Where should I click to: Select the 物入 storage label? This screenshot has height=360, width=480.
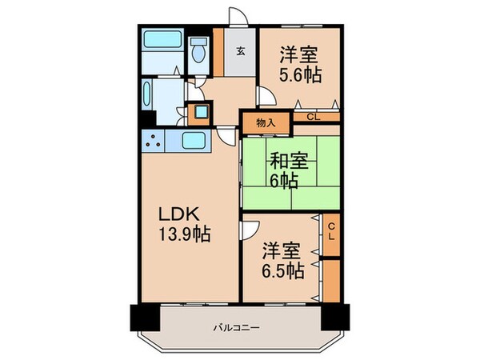pos(266,123)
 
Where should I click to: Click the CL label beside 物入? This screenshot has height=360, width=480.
pos(313,118)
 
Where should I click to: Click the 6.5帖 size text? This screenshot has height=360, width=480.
pos(282,270)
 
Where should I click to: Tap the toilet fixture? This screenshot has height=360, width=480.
pos(198,52)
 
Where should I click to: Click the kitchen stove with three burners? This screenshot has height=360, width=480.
pos(155,142)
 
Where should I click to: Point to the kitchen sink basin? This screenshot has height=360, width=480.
pos(194,142)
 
